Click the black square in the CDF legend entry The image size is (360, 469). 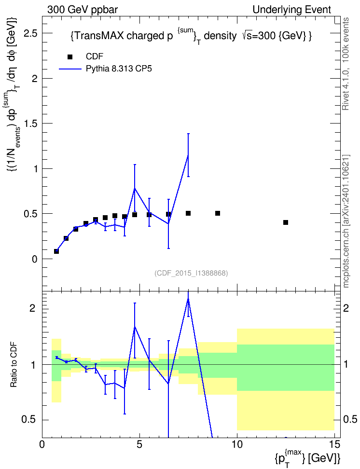click(x=70, y=57)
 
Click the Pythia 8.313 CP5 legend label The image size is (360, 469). click(x=119, y=69)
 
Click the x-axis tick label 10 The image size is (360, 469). click(x=237, y=444)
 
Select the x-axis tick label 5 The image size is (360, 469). click(x=139, y=444)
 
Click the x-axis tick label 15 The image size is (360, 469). click(x=334, y=444)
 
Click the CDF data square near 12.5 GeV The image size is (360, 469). click(x=286, y=222)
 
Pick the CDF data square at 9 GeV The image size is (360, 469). click(x=218, y=213)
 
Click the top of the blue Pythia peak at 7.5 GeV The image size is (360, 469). click(x=188, y=155)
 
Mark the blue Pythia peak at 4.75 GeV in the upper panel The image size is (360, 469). click(x=135, y=188)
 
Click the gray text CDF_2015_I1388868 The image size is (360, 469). click(x=191, y=273)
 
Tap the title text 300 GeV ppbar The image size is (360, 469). click(x=83, y=10)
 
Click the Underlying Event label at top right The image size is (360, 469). click(x=292, y=10)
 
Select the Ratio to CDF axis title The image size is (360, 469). click(x=14, y=365)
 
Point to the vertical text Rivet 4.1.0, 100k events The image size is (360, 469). click(x=346, y=64)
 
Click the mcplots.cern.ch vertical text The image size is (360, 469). click(x=346, y=221)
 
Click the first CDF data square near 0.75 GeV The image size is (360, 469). click(x=56, y=251)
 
